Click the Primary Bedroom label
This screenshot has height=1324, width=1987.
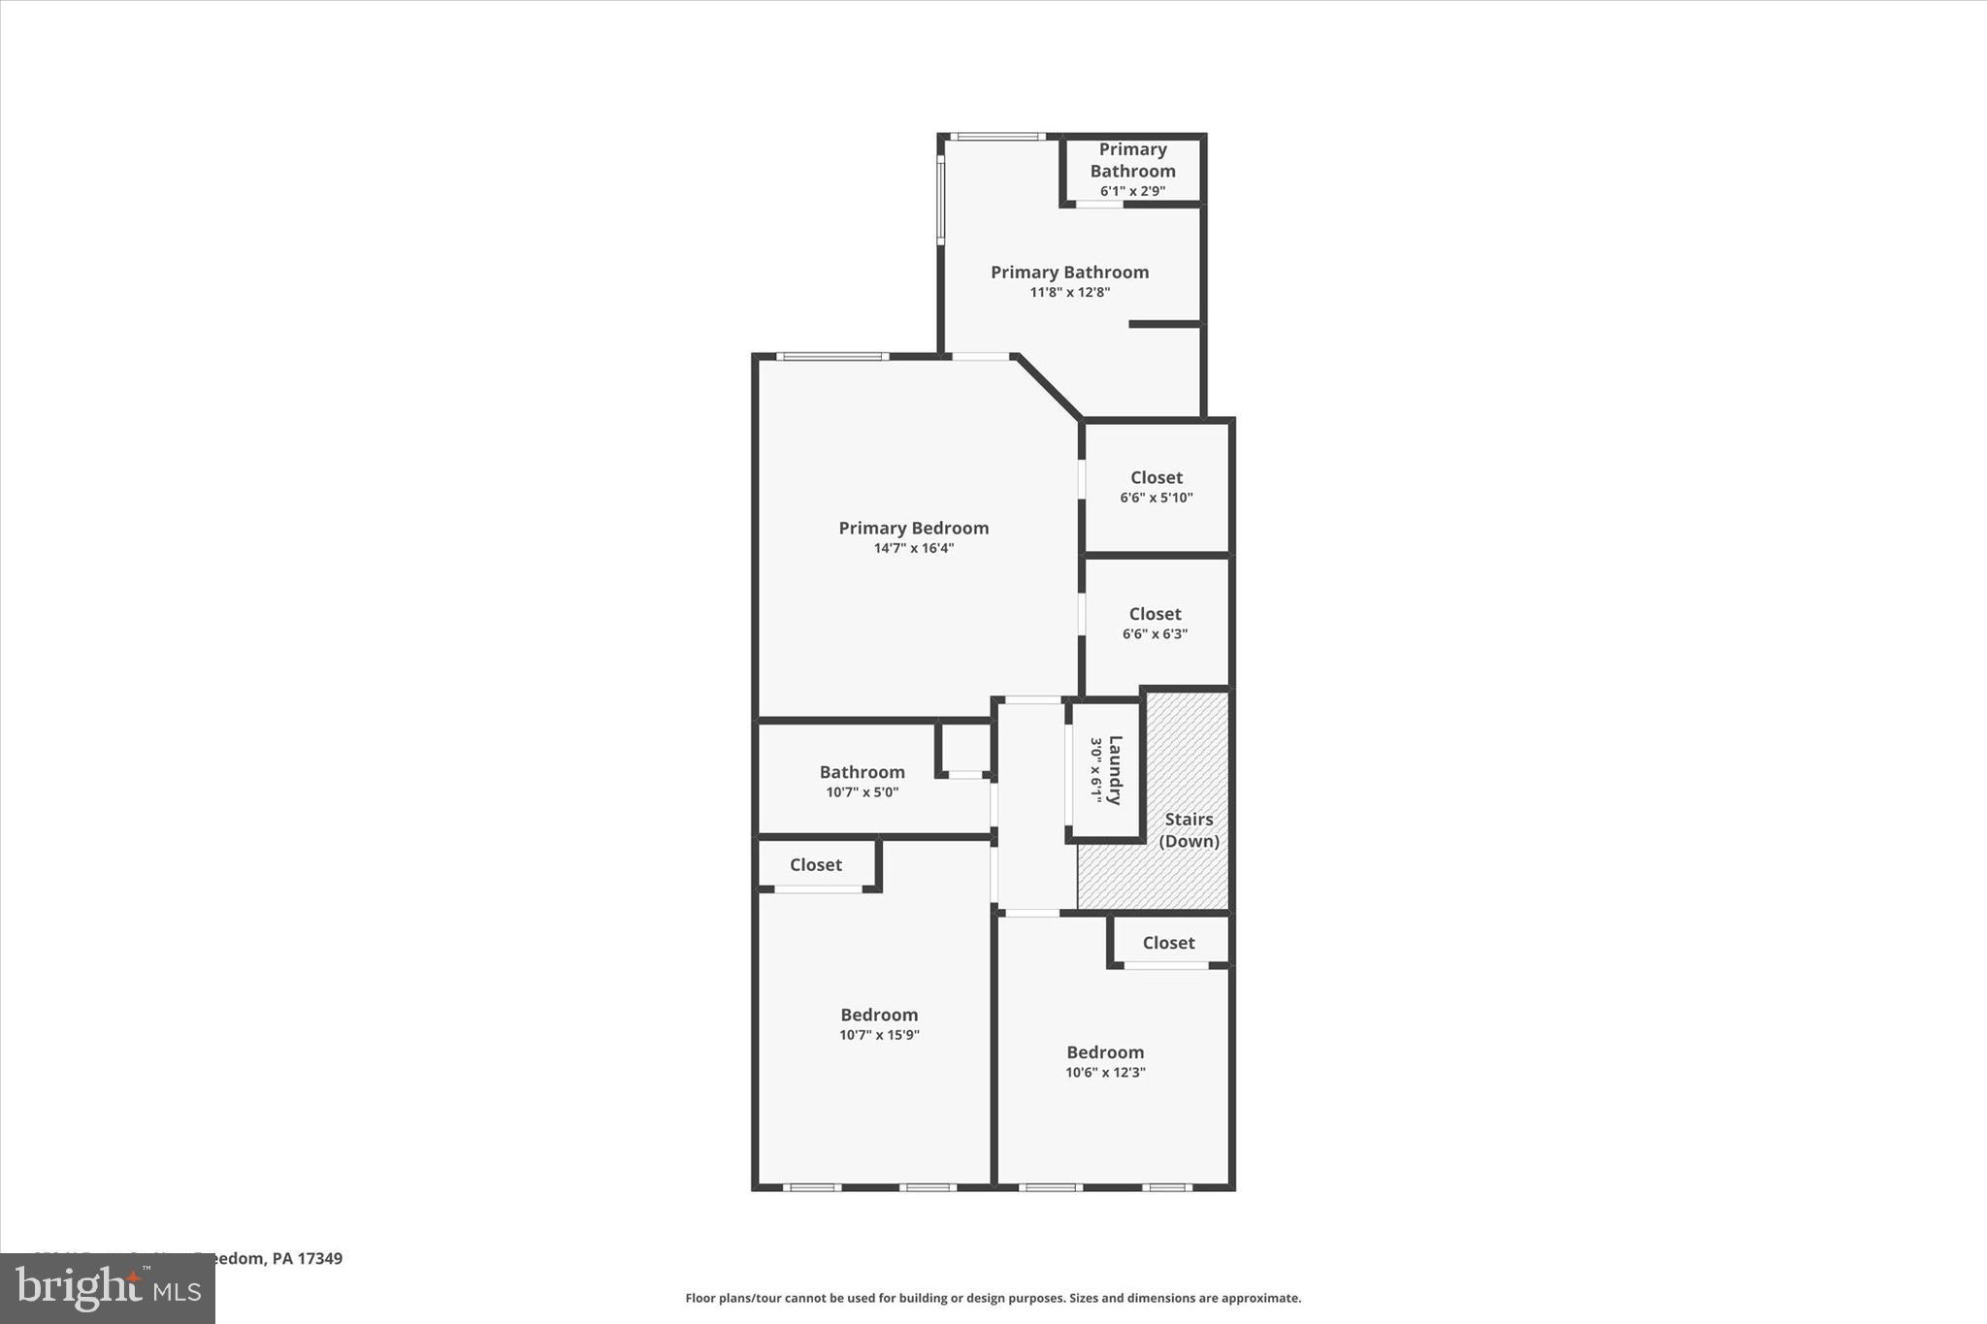point(913,528)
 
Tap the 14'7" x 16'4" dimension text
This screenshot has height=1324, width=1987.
point(913,548)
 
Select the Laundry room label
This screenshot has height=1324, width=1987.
point(1115,770)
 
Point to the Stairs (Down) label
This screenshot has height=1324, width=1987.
point(1189,830)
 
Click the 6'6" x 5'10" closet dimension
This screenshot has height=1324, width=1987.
point(1156,498)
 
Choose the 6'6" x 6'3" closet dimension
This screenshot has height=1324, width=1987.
point(1155,634)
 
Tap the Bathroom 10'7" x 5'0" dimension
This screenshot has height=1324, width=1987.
point(862,792)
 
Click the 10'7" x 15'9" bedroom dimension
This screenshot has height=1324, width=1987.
point(879,1035)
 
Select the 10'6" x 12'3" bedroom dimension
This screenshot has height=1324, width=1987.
point(1105,1073)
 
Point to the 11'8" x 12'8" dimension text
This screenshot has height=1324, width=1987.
point(1069,292)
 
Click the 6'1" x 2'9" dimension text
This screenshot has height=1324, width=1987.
point(1132,191)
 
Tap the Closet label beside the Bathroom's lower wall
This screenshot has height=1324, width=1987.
point(815,864)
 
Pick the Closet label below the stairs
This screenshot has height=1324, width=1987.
point(1168,943)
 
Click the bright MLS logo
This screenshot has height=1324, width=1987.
point(108,1288)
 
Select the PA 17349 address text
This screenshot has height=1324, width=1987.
point(307,1259)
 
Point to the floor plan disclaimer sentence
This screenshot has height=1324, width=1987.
point(993,1298)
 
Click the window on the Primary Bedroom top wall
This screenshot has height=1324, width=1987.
point(832,357)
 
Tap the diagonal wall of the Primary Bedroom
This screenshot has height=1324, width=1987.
point(1048,387)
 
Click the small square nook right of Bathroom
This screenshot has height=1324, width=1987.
point(964,748)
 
